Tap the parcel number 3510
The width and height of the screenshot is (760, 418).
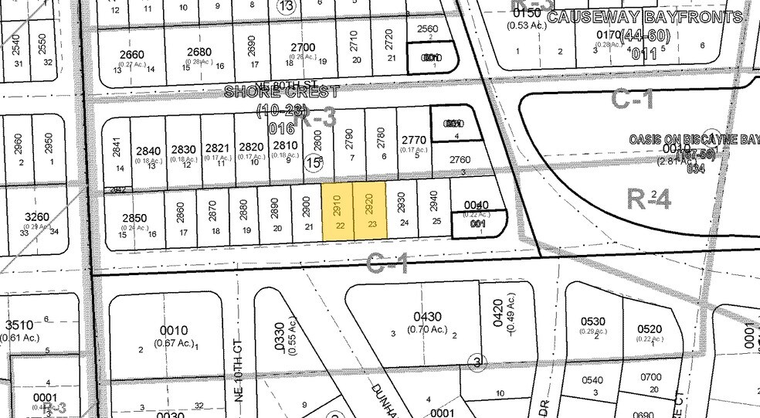19,325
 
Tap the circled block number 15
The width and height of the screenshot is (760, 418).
312,163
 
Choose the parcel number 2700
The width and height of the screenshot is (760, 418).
303,47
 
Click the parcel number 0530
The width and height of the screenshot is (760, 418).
594,321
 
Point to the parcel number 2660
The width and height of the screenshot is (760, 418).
133,54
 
